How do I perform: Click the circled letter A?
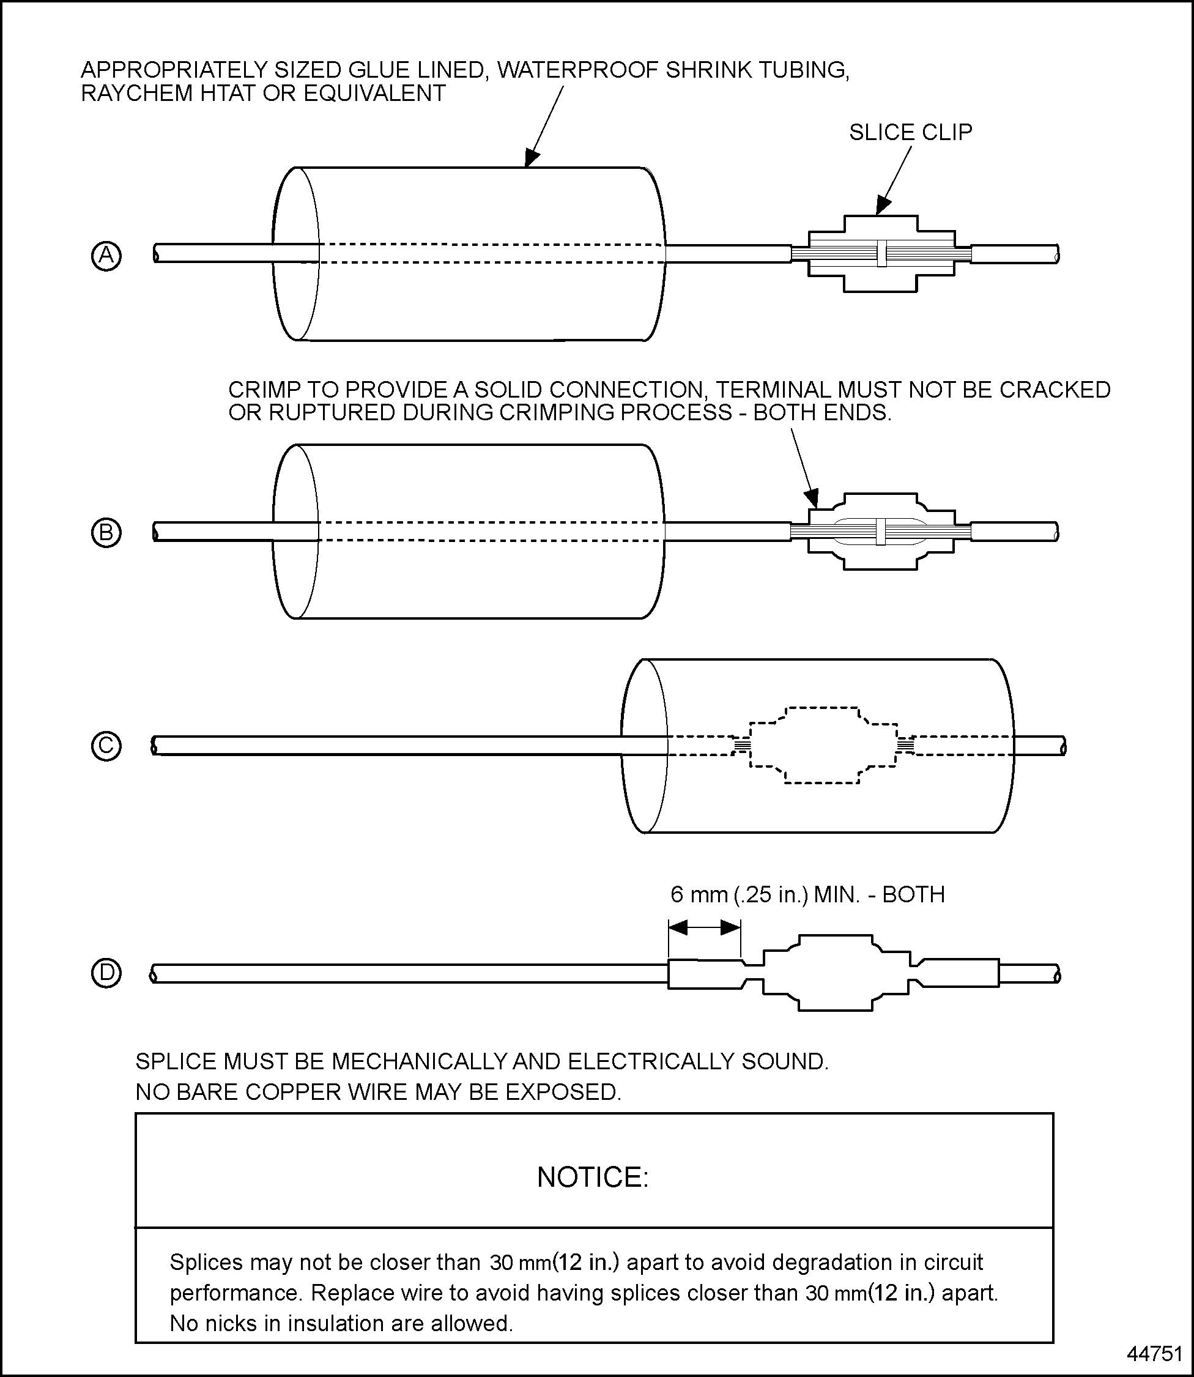point(106,256)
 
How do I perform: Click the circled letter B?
point(106,533)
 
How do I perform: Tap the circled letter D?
point(106,973)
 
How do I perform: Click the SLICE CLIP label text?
point(910,133)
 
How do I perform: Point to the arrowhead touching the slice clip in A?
point(883,207)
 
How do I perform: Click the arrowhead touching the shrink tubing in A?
point(531,158)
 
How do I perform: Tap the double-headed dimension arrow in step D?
point(704,927)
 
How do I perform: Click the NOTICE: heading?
point(593,1177)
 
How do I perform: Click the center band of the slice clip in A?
point(881,254)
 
